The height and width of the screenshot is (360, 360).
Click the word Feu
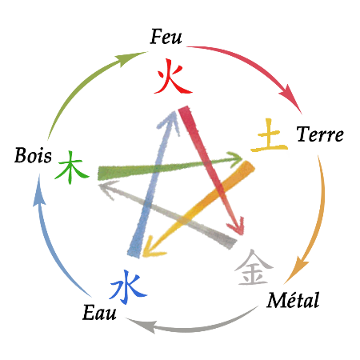(166, 37)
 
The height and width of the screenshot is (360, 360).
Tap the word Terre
(320, 134)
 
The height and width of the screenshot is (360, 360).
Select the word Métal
(293, 300)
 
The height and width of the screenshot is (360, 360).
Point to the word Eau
(99, 312)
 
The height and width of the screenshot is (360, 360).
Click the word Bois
(33, 155)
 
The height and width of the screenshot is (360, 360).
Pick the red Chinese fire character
(173, 76)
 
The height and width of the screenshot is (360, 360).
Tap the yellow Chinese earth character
(270, 135)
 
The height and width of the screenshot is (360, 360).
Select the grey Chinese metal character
(254, 267)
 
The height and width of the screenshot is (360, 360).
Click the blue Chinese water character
(128, 287)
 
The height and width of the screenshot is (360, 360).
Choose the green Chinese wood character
(71, 168)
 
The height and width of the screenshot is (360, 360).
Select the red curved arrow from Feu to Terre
(257, 66)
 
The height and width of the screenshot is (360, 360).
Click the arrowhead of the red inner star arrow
(236, 226)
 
